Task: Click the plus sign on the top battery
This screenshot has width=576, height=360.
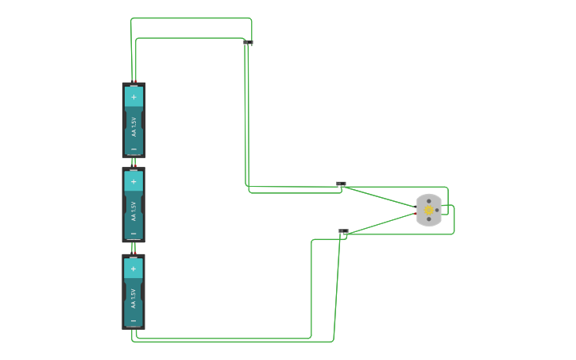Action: coord(133,97)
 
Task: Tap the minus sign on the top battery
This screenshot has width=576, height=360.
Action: coord(133,149)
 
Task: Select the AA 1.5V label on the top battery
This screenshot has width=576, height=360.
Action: coord(133,125)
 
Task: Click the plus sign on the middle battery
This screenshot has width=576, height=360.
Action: coord(133,181)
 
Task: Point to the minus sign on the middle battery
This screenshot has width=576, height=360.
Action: coord(133,234)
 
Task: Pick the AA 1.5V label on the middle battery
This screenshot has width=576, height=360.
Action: coord(133,210)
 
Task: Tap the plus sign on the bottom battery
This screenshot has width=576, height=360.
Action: coord(133,269)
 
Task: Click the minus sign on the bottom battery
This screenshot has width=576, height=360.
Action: coord(133,321)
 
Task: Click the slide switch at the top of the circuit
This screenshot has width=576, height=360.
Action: coord(248,42)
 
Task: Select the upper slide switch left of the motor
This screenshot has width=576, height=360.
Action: coord(341,184)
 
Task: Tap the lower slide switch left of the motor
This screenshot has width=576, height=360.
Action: coord(343,231)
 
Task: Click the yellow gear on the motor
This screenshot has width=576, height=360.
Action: coord(429,211)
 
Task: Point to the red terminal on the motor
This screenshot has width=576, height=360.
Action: coord(416,214)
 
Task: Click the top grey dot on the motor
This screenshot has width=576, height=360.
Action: coord(429,201)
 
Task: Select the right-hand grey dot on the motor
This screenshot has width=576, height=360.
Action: coord(437,211)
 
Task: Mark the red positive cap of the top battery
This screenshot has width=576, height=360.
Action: coord(133,83)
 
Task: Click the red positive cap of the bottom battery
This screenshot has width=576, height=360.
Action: coord(133,255)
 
